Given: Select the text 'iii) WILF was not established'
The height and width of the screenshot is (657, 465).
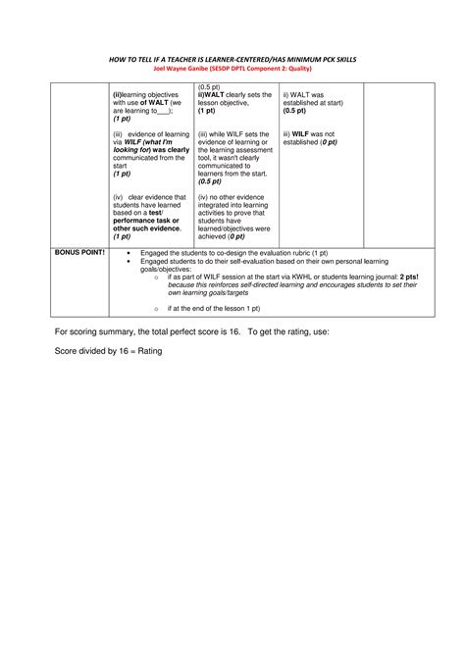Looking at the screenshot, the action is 309,137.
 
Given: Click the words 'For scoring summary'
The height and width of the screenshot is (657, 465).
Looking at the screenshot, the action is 94,331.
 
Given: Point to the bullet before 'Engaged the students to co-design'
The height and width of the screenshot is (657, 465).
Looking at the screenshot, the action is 129,253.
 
